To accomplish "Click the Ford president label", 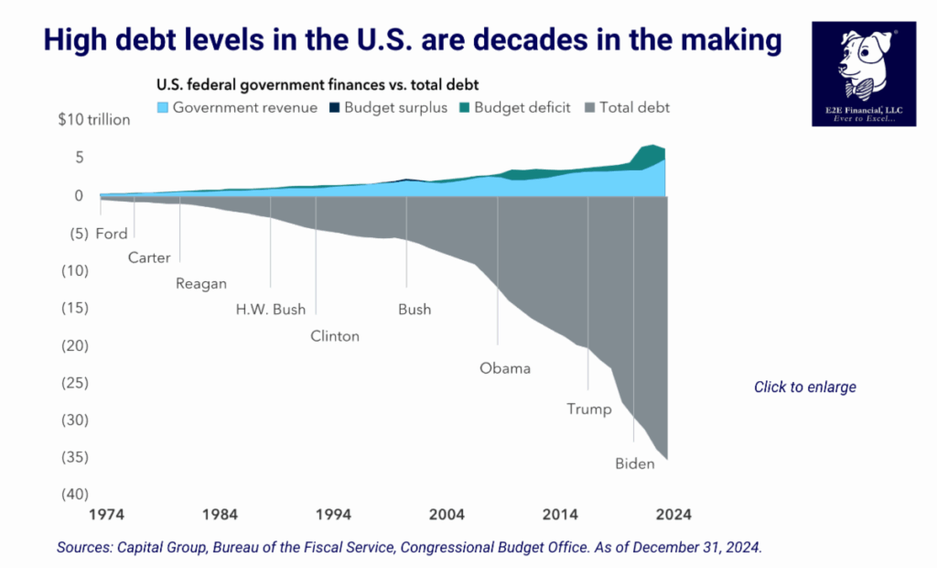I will [112, 234].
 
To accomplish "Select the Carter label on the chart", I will [149, 257].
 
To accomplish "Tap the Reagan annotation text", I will [200, 283].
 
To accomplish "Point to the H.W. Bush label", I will [271, 309].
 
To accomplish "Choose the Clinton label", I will [335, 335].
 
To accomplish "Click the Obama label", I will [505, 368].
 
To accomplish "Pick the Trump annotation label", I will [589, 409].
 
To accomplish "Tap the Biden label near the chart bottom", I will [635, 464].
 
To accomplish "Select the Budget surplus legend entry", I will [390, 107].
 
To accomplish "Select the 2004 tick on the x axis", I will [447, 514].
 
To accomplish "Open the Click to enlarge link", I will [805, 387].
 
